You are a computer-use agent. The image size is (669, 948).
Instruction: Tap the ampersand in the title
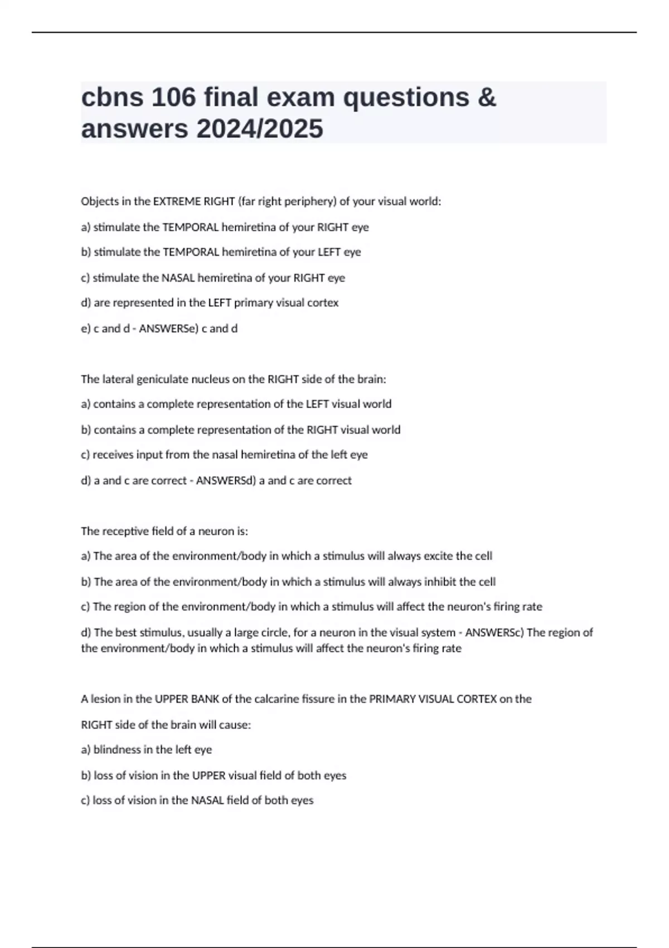click(x=487, y=98)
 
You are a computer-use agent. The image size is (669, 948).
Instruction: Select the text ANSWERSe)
click(x=169, y=328)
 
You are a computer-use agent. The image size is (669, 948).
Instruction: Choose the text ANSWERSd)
click(x=226, y=480)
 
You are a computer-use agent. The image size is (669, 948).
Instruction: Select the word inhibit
click(x=440, y=582)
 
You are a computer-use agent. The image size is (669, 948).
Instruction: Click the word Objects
click(x=98, y=201)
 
